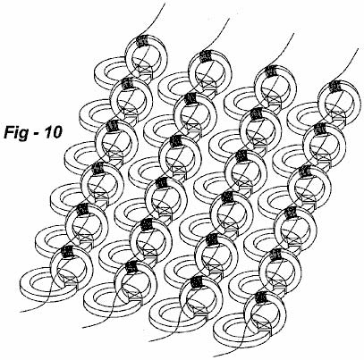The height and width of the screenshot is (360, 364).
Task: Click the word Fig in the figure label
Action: [15, 132]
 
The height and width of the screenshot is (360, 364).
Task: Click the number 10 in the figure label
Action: [53, 132]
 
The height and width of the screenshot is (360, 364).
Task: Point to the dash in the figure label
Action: [36, 134]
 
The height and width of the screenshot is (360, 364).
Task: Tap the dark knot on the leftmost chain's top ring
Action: [142, 41]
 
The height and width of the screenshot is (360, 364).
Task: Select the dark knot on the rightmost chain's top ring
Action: [334, 86]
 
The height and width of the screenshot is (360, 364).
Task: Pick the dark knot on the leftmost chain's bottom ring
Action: [67, 252]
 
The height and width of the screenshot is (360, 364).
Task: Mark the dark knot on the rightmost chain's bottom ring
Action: [261, 297]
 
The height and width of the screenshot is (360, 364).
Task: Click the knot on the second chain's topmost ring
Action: [205, 55]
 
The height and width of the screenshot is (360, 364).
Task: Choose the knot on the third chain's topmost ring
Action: [271, 71]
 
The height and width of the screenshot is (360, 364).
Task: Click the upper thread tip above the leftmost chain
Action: [165, 4]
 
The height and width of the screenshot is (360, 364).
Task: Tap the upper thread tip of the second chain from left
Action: [229, 20]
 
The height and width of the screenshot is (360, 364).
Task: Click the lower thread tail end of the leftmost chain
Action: [21, 312]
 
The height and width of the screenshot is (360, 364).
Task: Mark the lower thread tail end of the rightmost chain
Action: [214, 356]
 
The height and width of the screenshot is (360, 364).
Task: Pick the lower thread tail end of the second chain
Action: [83, 327]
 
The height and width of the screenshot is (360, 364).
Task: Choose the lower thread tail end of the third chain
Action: [149, 341]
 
